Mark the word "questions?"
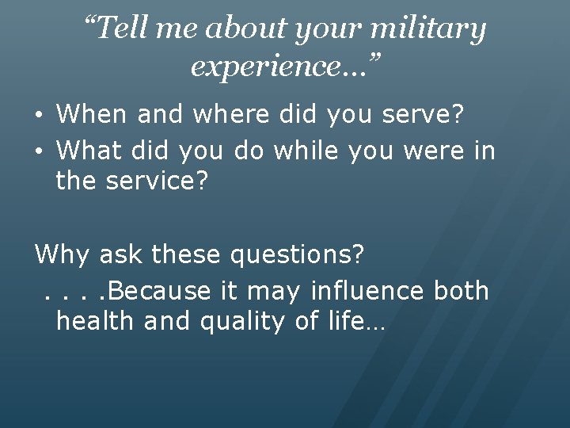[x=297, y=255]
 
